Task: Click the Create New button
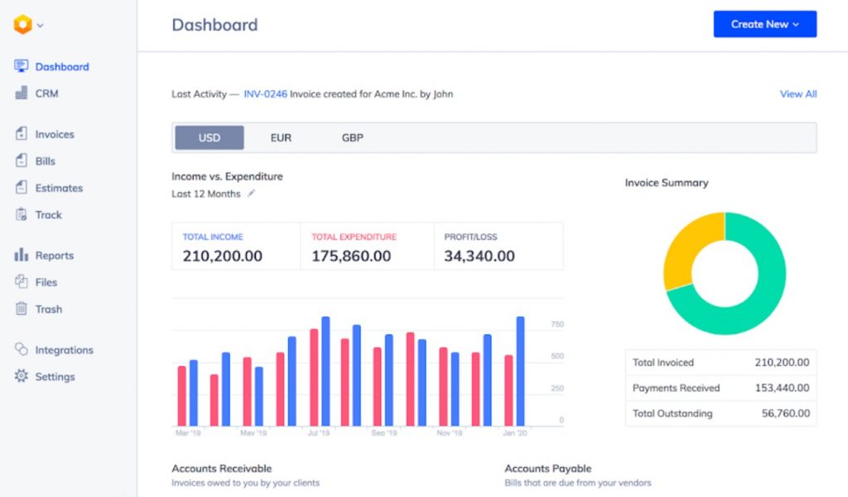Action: tap(764, 24)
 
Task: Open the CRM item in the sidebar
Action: tap(46, 94)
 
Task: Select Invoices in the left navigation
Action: tap(54, 134)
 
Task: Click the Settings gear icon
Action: tap(22, 376)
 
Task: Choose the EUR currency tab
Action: tap(281, 138)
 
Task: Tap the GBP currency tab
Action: tap(352, 138)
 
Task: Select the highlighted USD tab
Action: tap(209, 138)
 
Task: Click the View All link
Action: tap(797, 94)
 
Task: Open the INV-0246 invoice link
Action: tap(265, 94)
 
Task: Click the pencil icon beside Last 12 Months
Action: tap(252, 194)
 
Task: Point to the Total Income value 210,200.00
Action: tap(222, 256)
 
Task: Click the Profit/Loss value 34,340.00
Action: tap(479, 256)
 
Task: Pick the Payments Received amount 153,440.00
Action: tap(782, 388)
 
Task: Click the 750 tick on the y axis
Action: tap(556, 325)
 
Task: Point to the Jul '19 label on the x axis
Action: tap(319, 433)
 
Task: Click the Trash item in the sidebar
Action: tap(48, 309)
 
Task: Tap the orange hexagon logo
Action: tap(22, 25)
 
